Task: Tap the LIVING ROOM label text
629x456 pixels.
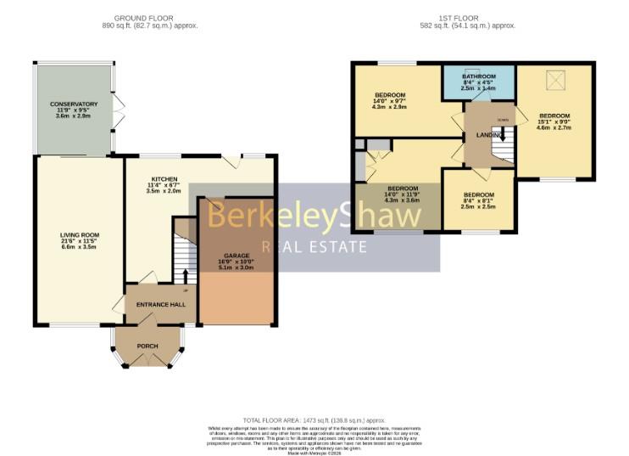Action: (80, 234)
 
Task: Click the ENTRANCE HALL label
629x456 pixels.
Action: (161, 304)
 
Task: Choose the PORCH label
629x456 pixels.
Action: (148, 346)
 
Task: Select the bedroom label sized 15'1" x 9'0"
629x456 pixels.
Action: (554, 115)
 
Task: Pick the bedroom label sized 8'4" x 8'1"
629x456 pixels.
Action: (478, 195)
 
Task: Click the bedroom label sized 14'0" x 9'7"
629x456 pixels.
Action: (391, 94)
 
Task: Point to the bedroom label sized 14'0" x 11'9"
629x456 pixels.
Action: (403, 189)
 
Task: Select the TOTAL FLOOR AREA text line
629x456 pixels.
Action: (314, 420)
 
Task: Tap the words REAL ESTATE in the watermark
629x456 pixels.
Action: (314, 247)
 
